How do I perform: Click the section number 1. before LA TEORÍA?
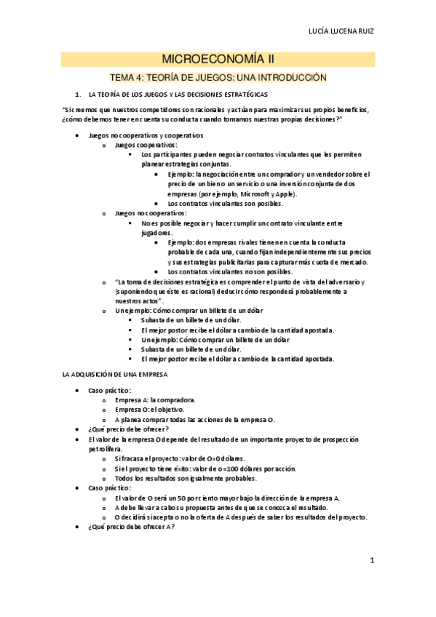point(79,95)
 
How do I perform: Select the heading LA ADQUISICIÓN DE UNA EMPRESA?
point(115,373)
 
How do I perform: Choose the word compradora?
point(173,399)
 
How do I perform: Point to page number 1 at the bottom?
point(371,560)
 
